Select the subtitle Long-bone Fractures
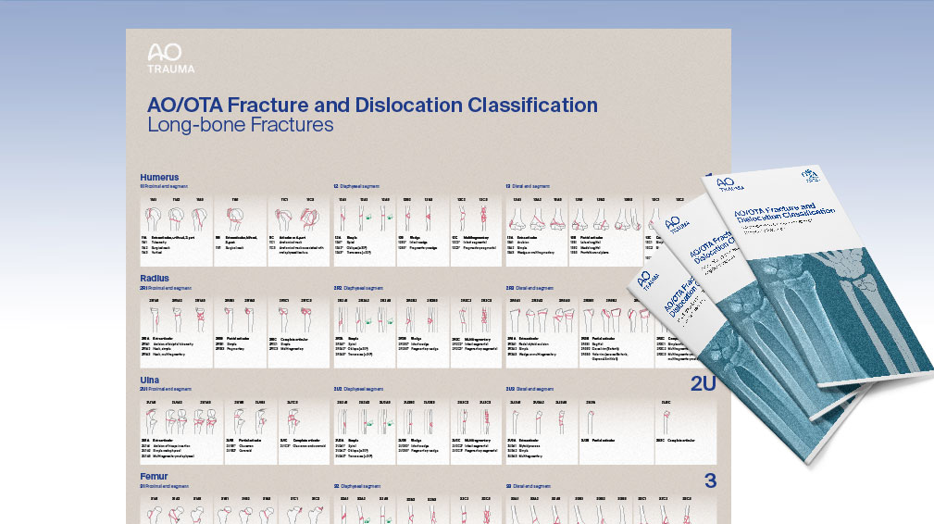point(240,124)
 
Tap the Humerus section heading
point(159,176)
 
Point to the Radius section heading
point(155,277)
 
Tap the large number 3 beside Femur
point(710,480)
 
